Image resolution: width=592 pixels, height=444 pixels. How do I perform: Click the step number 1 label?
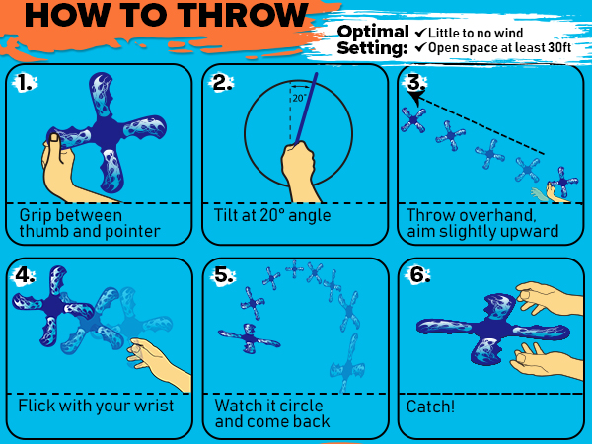25,83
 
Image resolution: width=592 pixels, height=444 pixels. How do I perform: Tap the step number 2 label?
222,83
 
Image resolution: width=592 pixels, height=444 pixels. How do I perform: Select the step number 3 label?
415,82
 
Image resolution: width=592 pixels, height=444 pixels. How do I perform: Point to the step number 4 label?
25,275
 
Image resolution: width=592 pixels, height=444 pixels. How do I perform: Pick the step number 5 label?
223,275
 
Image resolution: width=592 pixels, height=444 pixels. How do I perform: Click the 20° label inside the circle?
298,98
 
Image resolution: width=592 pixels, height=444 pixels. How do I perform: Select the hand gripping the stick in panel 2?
298,166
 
